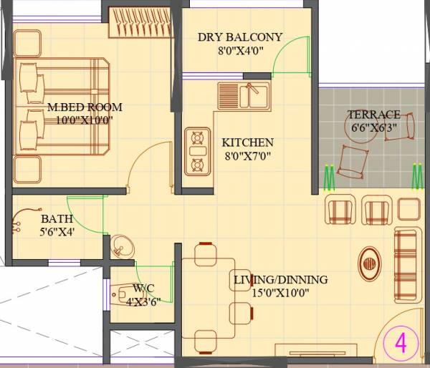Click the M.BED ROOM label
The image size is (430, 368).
pos(85,107)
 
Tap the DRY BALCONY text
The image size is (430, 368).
pos(240,37)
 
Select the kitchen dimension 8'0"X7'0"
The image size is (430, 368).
pos(247,155)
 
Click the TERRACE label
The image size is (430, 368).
pos(373,115)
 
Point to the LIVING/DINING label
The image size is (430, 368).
pos(280,279)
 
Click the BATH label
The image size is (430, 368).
pos(55,218)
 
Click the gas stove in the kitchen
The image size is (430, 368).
pos(196,152)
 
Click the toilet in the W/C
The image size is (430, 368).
pos(123,294)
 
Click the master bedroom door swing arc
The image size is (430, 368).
pos(154,161)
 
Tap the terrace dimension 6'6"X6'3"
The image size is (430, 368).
pos(373,127)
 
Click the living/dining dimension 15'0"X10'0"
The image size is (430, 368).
pos(280,292)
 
